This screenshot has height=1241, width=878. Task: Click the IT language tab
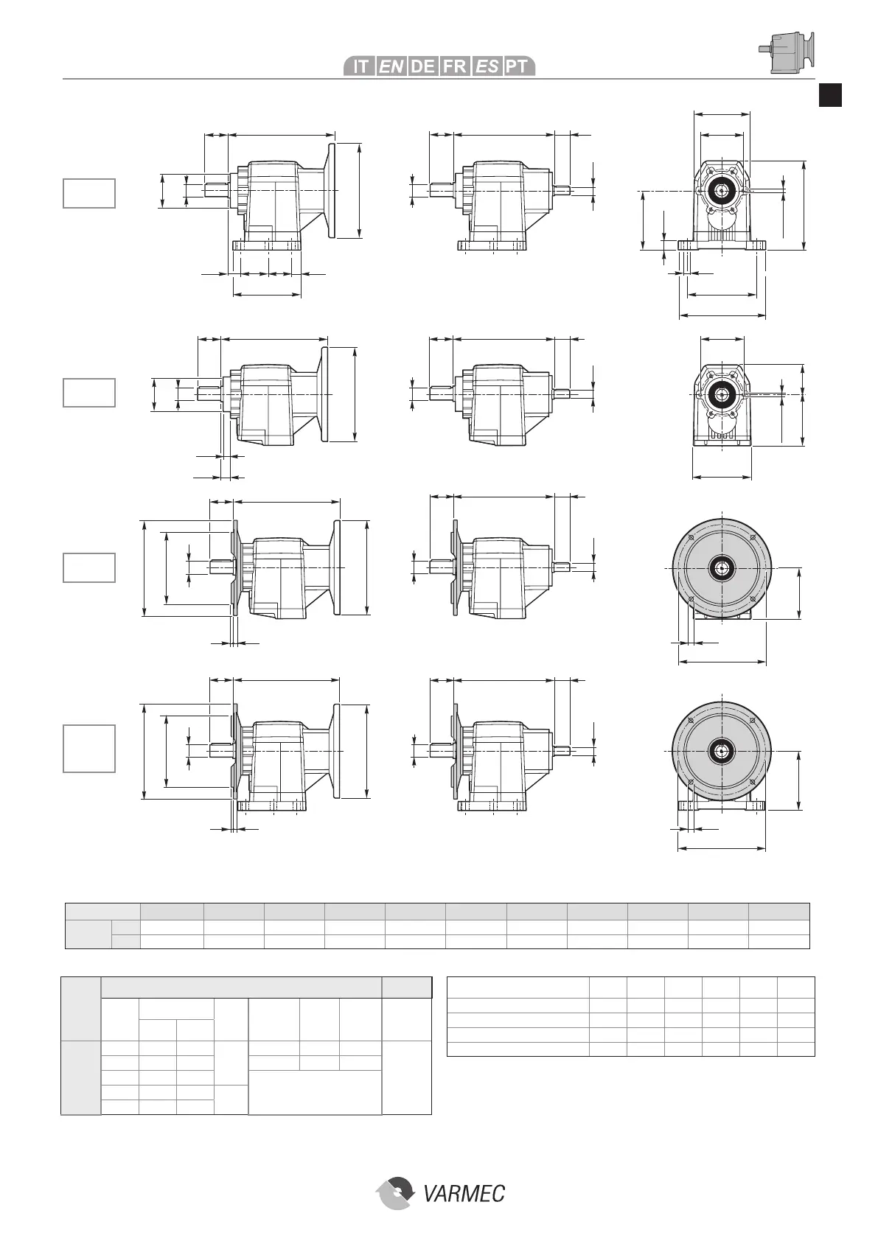(x=360, y=66)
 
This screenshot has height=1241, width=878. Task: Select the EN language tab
(x=391, y=66)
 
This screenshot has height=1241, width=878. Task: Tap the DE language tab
(x=422, y=66)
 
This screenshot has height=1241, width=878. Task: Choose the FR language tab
(x=454, y=66)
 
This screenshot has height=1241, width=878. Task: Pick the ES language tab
(x=486, y=66)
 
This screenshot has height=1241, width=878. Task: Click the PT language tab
(x=518, y=66)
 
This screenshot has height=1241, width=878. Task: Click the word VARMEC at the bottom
(x=464, y=1192)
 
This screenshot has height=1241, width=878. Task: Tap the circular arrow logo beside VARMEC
(x=396, y=1192)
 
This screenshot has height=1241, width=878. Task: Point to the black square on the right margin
(x=831, y=95)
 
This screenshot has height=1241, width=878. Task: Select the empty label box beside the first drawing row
(x=89, y=193)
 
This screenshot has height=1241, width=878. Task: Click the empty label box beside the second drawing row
(x=89, y=392)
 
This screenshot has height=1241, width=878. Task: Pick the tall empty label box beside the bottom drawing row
(x=89, y=749)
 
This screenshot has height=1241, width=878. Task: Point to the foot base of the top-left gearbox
(x=266, y=246)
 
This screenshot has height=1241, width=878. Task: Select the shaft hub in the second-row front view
(x=722, y=395)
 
